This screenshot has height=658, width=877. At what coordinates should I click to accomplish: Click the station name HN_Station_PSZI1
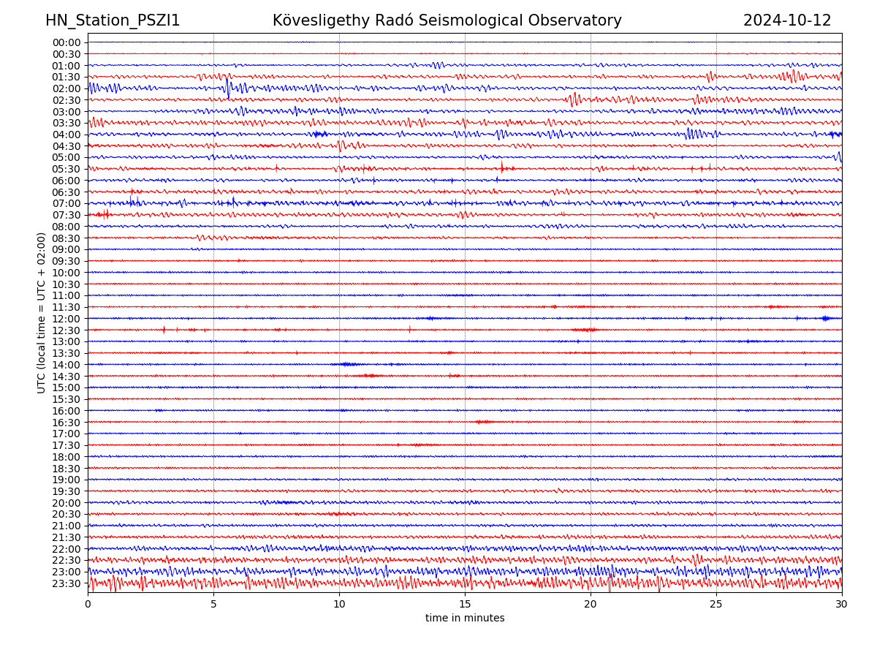point(113,21)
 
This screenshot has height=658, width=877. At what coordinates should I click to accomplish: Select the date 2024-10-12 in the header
point(787,21)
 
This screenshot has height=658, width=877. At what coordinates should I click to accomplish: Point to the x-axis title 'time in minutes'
point(465,619)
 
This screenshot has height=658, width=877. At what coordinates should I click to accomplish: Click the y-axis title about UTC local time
point(42,313)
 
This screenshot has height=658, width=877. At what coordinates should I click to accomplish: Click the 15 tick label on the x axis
point(465,605)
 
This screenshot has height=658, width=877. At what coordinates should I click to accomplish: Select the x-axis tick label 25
point(716,605)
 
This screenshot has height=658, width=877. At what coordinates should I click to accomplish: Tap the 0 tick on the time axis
point(88,605)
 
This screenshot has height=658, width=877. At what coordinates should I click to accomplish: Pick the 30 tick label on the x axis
point(842,605)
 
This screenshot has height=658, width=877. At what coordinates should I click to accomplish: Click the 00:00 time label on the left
point(67,42)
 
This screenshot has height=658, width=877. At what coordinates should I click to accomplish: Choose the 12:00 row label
point(67,319)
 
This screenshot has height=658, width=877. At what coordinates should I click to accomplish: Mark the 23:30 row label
point(67,583)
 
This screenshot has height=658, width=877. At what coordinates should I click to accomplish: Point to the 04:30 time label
point(67,146)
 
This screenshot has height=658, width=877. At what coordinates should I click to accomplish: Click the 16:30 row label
point(67,423)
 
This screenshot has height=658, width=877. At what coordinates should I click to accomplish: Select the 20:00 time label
point(67,503)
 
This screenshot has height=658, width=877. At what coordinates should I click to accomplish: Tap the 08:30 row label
point(67,238)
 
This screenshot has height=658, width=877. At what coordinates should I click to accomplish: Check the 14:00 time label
point(67,365)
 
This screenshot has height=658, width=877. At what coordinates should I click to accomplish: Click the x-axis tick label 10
point(339,605)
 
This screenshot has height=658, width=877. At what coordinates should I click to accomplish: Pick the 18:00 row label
point(67,457)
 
